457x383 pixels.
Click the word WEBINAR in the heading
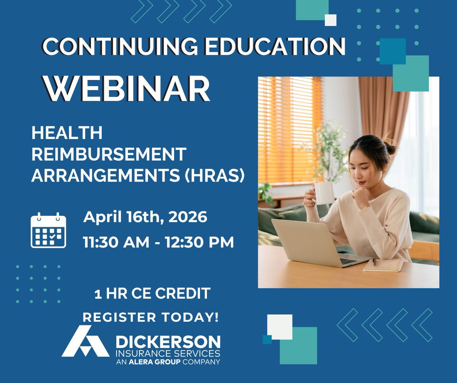coord(127,89)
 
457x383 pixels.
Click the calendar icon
coord(48,230)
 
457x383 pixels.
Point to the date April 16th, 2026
coord(145,217)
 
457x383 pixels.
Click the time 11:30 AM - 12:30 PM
coord(158,242)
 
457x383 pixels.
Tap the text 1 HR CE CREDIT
coord(152,294)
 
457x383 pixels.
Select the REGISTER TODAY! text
coord(151,317)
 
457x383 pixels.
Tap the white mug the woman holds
coord(324,193)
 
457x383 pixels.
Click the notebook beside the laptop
coord(383,265)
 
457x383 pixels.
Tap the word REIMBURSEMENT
coord(109,155)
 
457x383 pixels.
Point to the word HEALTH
coord(67,133)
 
